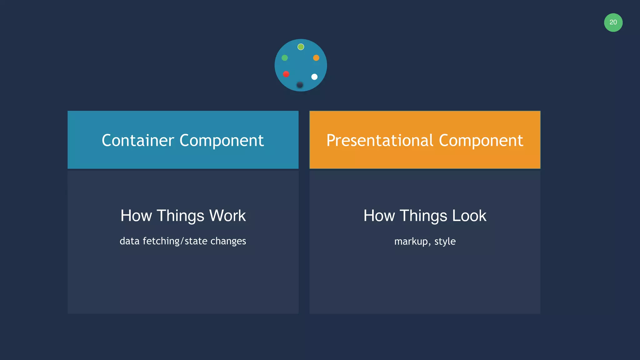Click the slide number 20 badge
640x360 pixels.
(x=613, y=22)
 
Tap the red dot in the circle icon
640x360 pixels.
(x=286, y=74)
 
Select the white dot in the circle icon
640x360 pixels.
(x=314, y=77)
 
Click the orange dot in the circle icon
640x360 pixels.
(x=316, y=58)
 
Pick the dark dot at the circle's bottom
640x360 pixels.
(x=300, y=85)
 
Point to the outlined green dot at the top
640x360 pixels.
(x=301, y=47)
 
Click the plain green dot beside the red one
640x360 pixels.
(x=285, y=58)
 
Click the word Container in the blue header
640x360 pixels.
(x=138, y=140)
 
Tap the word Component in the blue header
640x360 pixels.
(x=222, y=141)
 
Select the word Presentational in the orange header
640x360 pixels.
(x=380, y=140)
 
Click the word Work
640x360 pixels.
(x=227, y=216)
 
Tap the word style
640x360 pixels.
(x=445, y=242)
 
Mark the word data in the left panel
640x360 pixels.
(x=129, y=241)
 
